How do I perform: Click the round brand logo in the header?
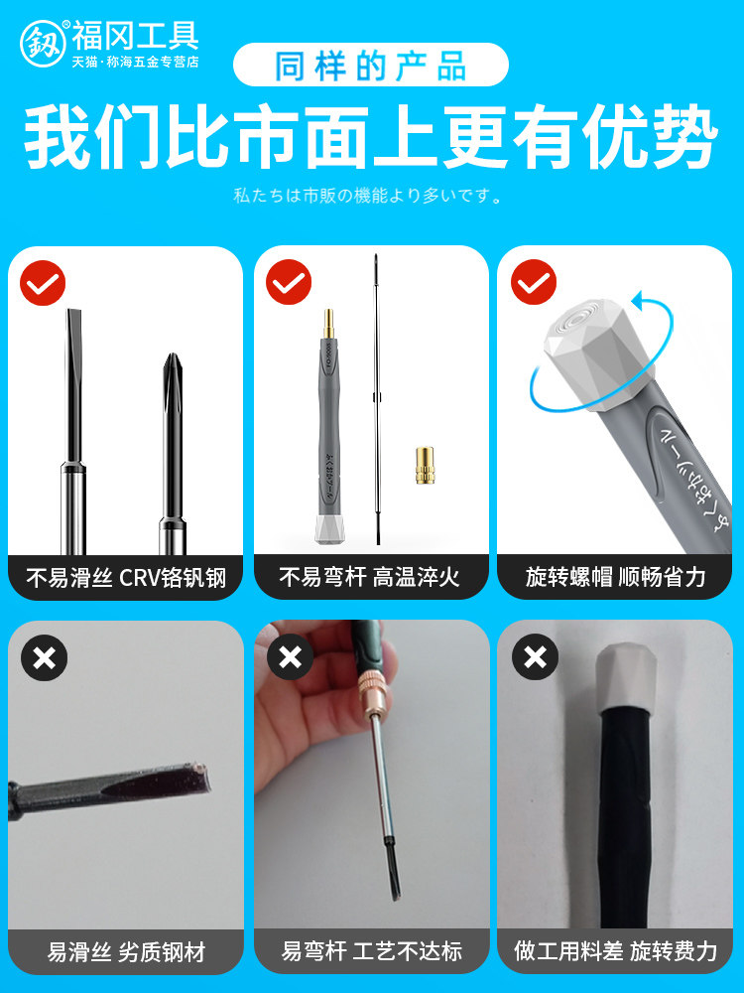tap(43, 44)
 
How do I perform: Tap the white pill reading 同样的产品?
tap(371, 65)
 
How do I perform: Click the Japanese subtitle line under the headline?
tap(368, 195)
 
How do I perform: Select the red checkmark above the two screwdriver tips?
tap(43, 283)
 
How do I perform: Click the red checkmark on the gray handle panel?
tap(289, 282)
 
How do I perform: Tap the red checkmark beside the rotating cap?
tap(534, 282)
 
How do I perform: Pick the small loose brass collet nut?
tap(425, 466)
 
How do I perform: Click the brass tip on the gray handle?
tap(328, 325)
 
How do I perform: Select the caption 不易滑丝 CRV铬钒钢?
tap(126, 578)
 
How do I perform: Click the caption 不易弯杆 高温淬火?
tap(369, 577)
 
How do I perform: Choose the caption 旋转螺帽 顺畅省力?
tap(615, 577)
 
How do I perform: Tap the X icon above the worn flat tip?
tap(45, 658)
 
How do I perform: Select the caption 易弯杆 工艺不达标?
tap(372, 951)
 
